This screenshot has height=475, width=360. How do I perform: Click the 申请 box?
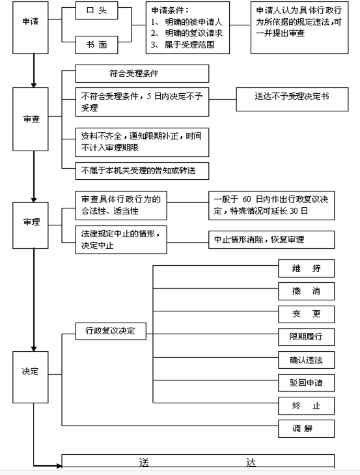pyautogui.click(x=31, y=27)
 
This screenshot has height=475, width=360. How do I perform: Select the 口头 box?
pyautogui.click(x=96, y=10)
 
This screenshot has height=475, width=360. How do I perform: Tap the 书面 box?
pyautogui.click(x=96, y=45)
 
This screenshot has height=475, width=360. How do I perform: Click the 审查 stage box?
pyautogui.click(x=31, y=119)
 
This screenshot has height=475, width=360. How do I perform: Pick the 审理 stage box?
pyautogui.click(x=31, y=225)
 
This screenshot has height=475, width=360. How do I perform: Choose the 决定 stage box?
pyautogui.click(x=31, y=377)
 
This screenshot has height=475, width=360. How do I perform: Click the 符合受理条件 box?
pyautogui.click(x=142, y=74)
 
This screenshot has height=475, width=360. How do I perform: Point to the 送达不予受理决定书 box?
pyautogui.click(x=292, y=99)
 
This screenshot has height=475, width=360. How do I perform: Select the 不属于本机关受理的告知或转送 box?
pyautogui.click(x=142, y=171)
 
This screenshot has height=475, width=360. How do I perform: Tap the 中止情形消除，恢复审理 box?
pyautogui.click(x=271, y=240)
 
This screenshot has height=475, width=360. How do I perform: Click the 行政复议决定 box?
pyautogui.click(x=111, y=331)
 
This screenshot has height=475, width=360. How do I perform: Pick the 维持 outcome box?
pyautogui.click(x=307, y=268)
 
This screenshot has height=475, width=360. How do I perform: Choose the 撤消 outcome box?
pyautogui.click(x=307, y=291)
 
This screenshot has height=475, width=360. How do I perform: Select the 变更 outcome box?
pyautogui.click(x=307, y=314)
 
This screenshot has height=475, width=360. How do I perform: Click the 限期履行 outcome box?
pyautogui.click(x=307, y=337)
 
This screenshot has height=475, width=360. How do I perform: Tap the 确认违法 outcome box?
pyautogui.click(x=307, y=360)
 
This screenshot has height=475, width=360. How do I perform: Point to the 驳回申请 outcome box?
pyautogui.click(x=307, y=382)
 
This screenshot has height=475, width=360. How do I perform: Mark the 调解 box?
pyautogui.click(x=307, y=429)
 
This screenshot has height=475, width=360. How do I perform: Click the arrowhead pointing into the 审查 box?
pyautogui.click(x=34, y=85)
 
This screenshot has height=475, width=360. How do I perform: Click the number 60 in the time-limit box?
pyautogui.click(x=247, y=199)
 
